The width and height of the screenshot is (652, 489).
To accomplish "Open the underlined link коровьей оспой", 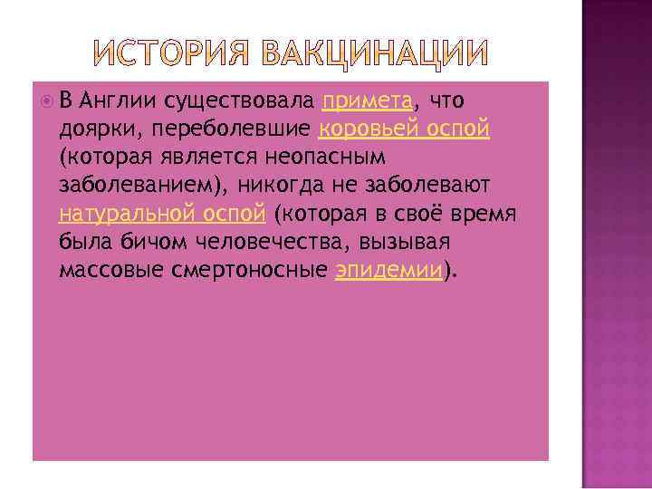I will point(404,129).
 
